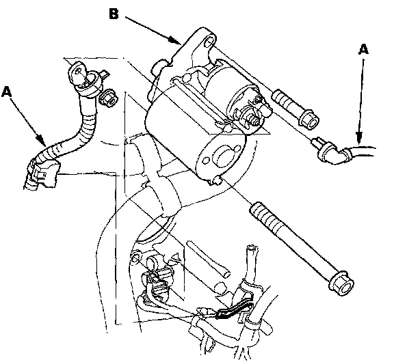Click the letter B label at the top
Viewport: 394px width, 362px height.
coord(114,14)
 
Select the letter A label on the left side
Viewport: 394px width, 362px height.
coord(7,92)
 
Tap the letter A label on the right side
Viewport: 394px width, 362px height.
coord(363,49)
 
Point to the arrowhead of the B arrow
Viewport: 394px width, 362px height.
coord(175,40)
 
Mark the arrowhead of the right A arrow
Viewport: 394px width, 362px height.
coord(359,138)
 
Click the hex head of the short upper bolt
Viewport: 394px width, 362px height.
coord(308,120)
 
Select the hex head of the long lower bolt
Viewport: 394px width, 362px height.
coord(341,283)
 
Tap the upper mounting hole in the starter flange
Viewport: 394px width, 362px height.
coord(210,41)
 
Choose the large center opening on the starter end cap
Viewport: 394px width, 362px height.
coord(222,158)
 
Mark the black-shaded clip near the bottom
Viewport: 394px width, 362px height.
coord(235,310)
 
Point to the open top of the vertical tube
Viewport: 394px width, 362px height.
coord(252,249)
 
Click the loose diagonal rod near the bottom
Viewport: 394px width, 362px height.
coord(208,259)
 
